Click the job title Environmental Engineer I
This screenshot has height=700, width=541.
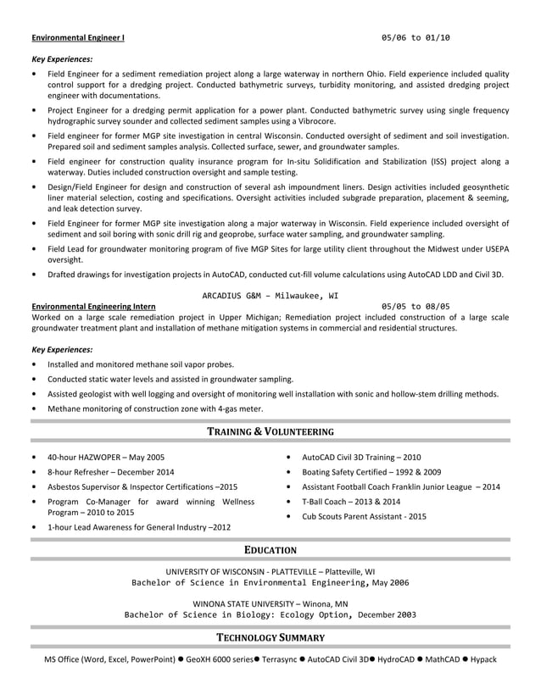coord(78,38)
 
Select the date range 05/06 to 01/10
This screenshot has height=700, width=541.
coord(416,38)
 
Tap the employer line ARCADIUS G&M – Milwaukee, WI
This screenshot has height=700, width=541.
coord(270,296)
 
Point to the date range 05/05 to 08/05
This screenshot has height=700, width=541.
coord(416,306)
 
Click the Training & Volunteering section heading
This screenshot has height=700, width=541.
coord(270,431)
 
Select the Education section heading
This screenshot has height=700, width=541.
coord(270,549)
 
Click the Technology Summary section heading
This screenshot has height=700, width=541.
coord(270,637)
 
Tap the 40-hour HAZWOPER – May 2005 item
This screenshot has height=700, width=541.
coord(106,457)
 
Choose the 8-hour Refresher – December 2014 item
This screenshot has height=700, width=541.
coord(111,472)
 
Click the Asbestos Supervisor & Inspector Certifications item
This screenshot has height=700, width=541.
coord(142,487)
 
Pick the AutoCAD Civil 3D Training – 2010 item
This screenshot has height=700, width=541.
coord(361,457)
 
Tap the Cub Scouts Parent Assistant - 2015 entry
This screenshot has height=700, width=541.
coord(364,516)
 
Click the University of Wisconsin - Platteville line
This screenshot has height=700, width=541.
coord(270,571)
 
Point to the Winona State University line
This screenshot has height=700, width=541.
coord(270,603)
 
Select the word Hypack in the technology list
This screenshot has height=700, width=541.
coord(483,658)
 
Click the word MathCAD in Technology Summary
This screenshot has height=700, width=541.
coord(441,658)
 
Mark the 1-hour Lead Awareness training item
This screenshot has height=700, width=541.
coord(139,527)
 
